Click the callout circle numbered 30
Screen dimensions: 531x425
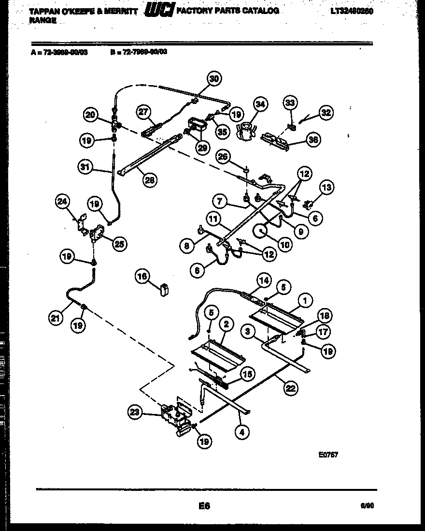214,79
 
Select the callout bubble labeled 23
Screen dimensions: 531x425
136,412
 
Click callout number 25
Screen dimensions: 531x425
119,245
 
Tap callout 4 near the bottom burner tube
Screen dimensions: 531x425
242,433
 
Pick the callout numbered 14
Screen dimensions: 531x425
264,280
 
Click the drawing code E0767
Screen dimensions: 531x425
328,454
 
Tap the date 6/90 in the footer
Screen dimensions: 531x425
367,506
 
